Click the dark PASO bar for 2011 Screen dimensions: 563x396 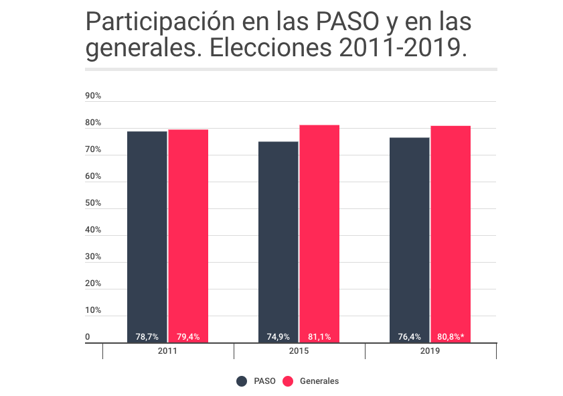pos(147,237)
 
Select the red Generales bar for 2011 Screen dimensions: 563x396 pos(188,236)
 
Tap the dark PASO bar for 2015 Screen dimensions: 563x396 pos(278,242)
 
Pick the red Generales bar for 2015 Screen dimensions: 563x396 pos(319,234)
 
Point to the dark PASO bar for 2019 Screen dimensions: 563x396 pos(409,240)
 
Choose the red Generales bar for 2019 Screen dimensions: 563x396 pos(451,235)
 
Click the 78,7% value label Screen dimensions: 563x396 pos(147,337)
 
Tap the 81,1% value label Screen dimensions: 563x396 pos(319,337)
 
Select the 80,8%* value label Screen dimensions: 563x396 pos(451,337)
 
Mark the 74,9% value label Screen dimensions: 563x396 pos(278,337)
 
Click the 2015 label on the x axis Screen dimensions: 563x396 pos(299,350)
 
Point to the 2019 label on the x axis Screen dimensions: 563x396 pos(430,350)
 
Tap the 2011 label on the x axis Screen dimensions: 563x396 pos(167,350)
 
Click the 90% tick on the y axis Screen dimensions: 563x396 pos(93,96)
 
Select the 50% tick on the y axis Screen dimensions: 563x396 pos(93,202)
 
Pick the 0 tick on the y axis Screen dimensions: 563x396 pos(87,337)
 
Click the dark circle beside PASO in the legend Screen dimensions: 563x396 pos(242,381)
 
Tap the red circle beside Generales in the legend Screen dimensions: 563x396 pos(288,381)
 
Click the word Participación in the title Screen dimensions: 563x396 pos(161,22)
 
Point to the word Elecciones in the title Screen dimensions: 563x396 pos(270,48)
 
